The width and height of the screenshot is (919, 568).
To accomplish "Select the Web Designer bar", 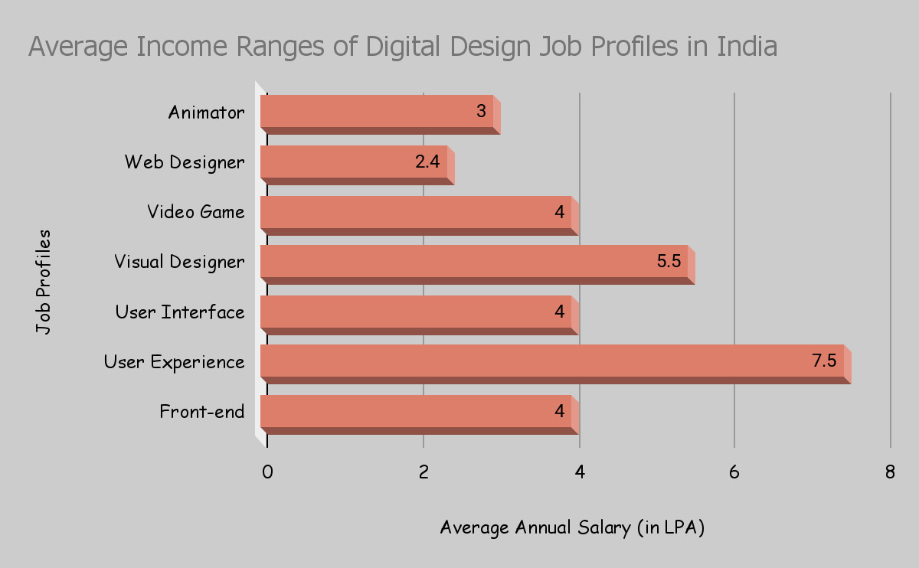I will click(354, 162).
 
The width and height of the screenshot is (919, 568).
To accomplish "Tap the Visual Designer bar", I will click(474, 262).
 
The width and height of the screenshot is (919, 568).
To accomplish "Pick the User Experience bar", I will click(552, 361).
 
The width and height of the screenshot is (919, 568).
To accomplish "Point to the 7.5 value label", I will click(824, 361).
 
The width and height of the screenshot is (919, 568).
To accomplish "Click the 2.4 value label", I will click(427, 162).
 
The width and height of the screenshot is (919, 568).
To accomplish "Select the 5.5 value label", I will click(669, 261).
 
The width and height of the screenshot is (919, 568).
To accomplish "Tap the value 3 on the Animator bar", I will click(481, 112).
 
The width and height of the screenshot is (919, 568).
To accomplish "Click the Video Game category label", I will click(196, 212).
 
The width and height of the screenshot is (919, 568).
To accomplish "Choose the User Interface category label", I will click(180, 312).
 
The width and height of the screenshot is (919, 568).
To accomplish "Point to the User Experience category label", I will click(175, 362).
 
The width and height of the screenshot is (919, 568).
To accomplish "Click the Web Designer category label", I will click(185, 162).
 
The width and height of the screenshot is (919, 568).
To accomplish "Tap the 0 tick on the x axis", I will click(267, 472).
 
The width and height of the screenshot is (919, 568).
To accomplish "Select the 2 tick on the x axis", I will click(424, 472).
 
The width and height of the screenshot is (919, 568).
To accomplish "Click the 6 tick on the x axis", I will click(734, 472).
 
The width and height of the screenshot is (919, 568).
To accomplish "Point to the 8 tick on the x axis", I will click(890, 472).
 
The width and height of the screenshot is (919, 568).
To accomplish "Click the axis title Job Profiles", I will click(44, 281).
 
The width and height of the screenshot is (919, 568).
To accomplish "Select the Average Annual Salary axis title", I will click(572, 527).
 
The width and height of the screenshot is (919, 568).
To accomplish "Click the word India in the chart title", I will click(747, 47).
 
